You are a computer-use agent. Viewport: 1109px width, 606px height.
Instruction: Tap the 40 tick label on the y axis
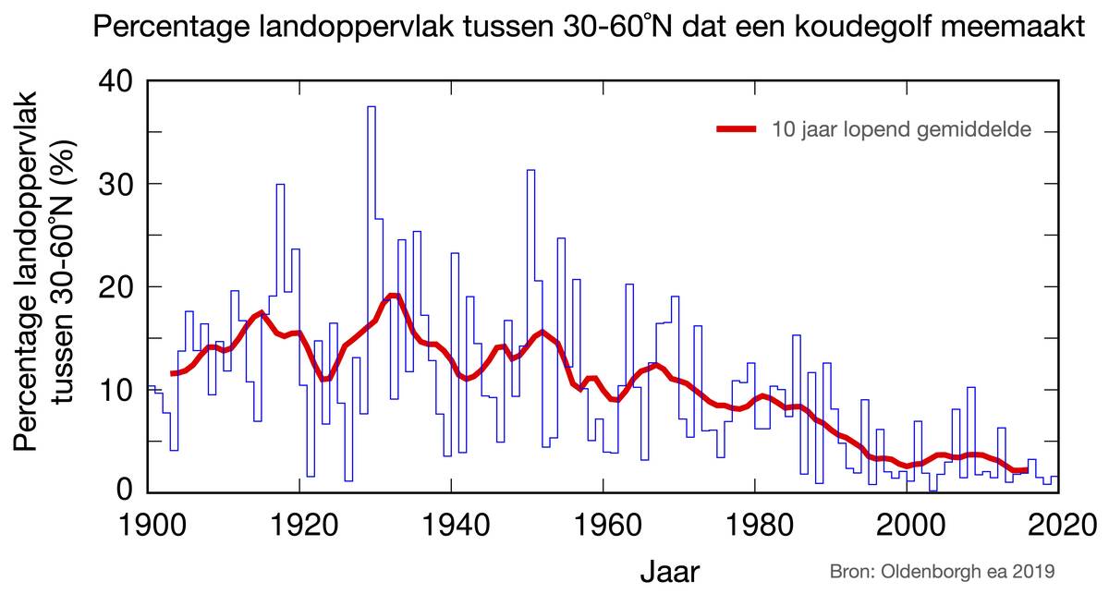[117, 81]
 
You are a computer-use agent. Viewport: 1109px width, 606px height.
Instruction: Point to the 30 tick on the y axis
[117, 184]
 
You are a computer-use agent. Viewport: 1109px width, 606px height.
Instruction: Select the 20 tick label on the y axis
[117, 286]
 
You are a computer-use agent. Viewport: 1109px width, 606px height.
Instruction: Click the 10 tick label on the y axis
[117, 389]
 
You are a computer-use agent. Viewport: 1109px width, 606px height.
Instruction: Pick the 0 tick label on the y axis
[128, 491]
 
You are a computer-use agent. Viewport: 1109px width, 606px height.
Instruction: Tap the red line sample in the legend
[737, 129]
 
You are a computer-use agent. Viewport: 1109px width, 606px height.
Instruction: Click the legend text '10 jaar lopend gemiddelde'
[902, 129]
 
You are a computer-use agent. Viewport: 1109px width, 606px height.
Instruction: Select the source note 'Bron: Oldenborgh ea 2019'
[941, 573]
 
